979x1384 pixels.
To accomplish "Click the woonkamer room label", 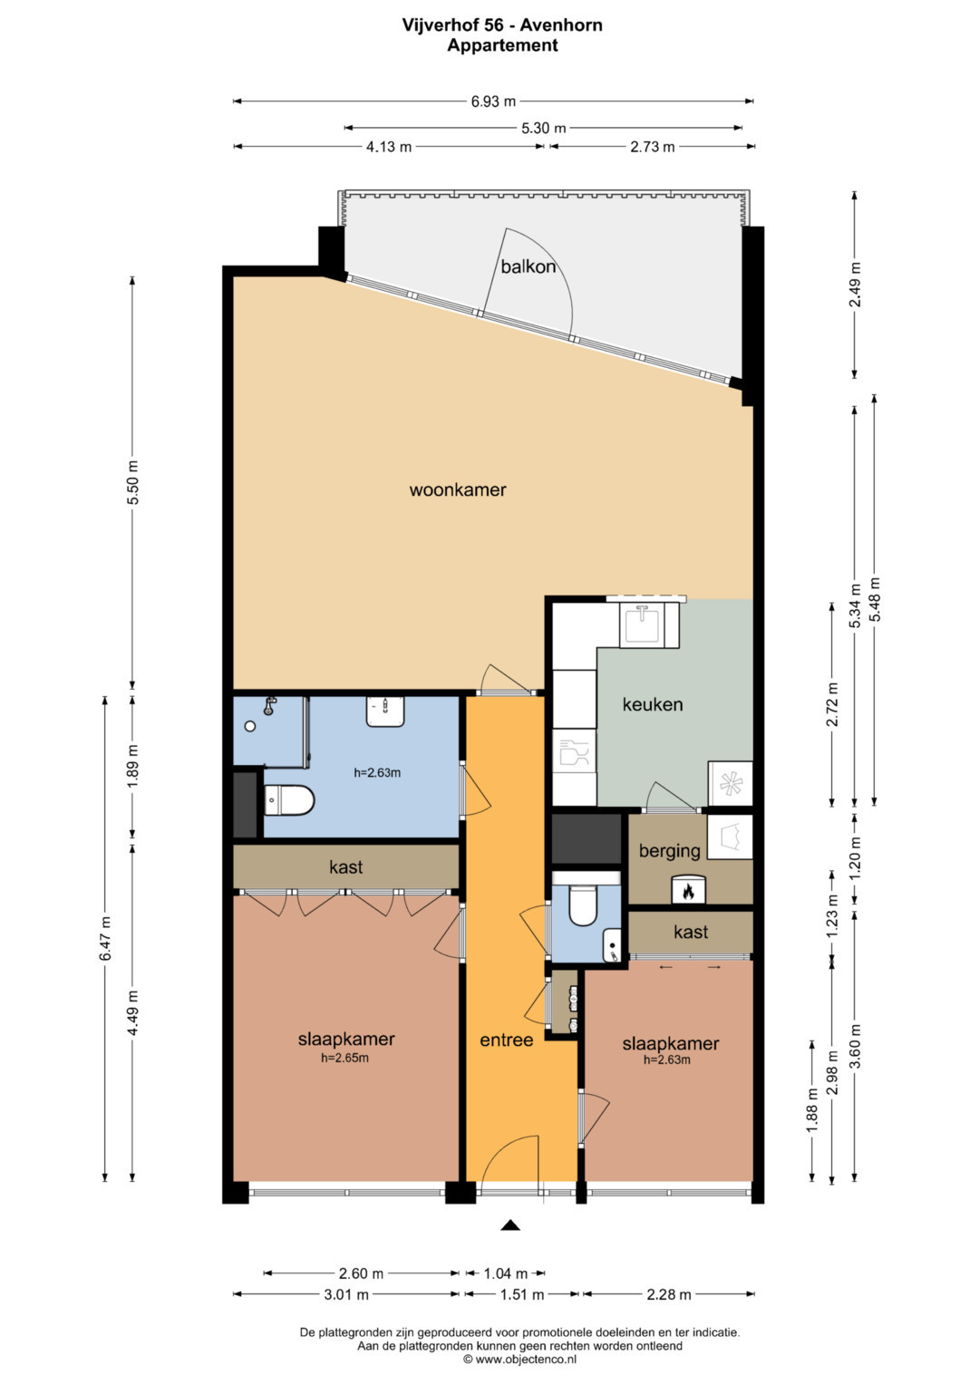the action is tap(458, 490).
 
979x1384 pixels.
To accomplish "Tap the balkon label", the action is tap(528, 266).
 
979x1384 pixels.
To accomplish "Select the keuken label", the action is tap(652, 704).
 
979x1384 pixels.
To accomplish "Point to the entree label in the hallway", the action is tap(506, 1040).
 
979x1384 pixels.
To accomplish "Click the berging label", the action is tap(669, 851).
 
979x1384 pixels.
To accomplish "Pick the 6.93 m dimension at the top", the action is tap(493, 102).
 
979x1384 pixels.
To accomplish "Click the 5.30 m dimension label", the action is tap(544, 129).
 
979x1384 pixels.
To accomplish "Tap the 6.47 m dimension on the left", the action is tap(105, 938).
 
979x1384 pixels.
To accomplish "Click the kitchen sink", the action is tap(643, 624).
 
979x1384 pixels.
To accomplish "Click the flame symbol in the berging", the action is tap(686, 890).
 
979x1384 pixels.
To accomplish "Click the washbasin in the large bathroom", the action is tap(385, 711).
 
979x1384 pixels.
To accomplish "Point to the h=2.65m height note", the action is tap(344, 1057).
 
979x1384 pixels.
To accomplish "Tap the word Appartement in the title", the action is tap(502, 45).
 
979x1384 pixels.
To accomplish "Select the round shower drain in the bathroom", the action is tap(249, 727).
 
